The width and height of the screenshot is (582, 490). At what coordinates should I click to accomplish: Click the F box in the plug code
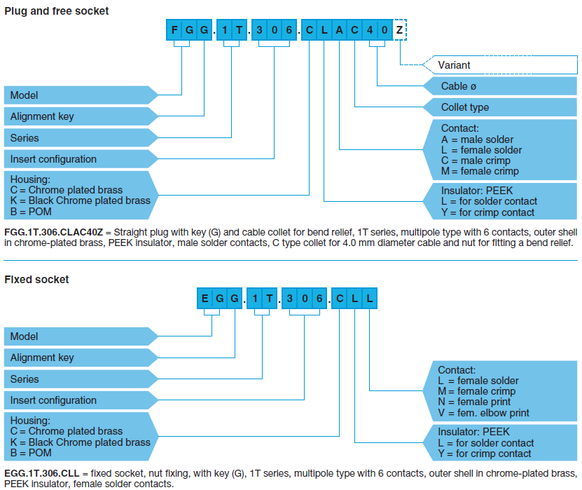173,30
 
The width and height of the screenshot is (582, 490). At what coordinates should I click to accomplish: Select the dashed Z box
399,30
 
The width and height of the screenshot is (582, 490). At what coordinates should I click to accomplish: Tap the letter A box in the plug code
339,30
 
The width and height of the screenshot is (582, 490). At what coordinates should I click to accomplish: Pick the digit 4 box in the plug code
370,30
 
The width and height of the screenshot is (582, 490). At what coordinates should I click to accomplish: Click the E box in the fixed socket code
205,299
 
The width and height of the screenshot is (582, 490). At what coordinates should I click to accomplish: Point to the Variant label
454,65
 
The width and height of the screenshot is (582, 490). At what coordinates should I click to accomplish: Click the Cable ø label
459,86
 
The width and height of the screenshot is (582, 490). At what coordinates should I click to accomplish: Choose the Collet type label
464,107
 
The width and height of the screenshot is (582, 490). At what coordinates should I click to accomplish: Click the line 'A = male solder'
477,139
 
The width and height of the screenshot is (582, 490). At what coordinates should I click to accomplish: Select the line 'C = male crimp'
476,161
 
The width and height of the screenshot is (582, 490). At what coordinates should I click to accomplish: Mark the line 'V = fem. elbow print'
483,413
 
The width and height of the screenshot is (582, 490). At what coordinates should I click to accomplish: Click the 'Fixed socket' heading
36,279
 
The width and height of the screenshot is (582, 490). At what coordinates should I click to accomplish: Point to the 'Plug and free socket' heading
57,11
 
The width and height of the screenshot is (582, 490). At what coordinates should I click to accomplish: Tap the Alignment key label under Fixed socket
42,358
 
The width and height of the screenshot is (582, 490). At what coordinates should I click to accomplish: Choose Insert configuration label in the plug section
53,159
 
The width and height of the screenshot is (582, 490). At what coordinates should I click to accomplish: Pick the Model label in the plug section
25,95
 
